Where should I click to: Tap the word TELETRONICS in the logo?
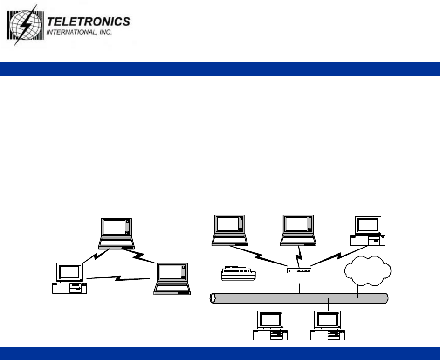click(89, 22)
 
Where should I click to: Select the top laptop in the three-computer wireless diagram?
click(116, 232)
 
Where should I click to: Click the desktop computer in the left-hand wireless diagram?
click(69, 278)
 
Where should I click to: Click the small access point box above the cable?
click(299, 271)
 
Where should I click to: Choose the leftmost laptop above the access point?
click(229, 230)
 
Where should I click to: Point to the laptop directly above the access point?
click(298, 230)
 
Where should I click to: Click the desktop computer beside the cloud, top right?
click(368, 231)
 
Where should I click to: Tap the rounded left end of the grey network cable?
click(214, 298)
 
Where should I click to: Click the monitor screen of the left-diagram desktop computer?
click(69, 272)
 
